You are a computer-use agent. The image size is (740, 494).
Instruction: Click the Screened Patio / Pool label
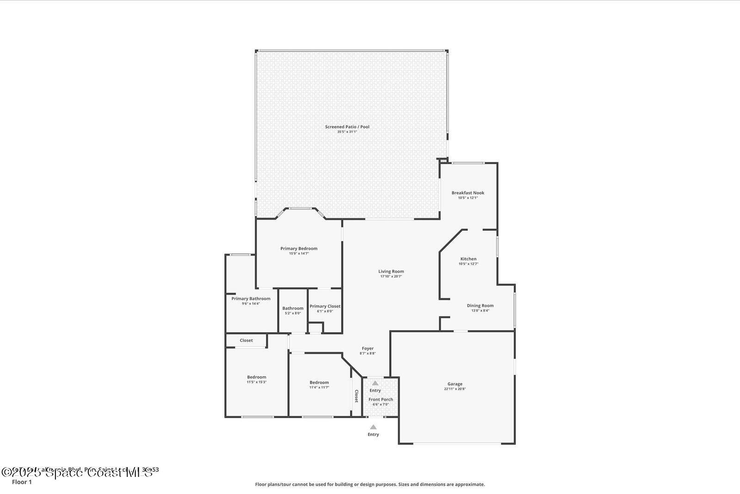(347, 127)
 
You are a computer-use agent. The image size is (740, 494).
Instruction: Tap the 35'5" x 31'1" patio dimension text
(347, 132)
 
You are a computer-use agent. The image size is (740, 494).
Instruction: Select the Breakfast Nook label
(468, 193)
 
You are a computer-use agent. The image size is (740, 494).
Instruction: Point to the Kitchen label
(468, 259)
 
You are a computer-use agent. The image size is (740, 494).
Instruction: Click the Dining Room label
(480, 306)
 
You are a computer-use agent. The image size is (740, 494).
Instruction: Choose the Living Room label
(391, 272)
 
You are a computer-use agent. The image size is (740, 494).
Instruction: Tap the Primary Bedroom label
(299, 248)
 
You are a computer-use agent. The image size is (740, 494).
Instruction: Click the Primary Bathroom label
(251, 299)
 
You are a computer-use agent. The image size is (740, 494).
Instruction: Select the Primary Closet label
(325, 306)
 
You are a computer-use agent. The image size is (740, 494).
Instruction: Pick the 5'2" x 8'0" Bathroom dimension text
(293, 313)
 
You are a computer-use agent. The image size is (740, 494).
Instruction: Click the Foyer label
(367, 348)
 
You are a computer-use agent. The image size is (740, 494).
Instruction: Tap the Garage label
(455, 384)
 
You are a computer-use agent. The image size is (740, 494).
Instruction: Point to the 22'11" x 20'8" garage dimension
(455, 389)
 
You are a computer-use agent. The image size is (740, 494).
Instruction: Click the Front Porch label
(381, 399)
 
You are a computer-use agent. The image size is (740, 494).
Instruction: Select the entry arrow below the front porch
(373, 427)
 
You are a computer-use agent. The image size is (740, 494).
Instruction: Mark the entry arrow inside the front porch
(375, 383)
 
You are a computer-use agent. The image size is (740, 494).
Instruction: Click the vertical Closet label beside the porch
(357, 396)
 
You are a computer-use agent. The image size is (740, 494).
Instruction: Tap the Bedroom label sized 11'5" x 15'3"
(256, 377)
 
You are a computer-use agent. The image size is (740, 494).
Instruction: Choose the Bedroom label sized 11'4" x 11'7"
(319, 383)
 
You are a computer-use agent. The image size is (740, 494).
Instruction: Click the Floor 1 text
(22, 482)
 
